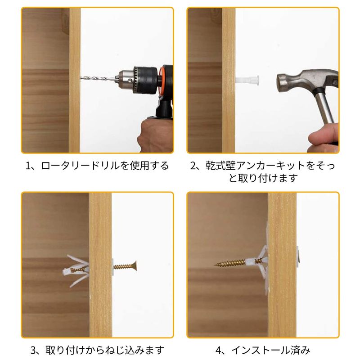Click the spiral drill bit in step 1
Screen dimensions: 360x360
[98, 78]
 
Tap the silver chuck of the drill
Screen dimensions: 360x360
[125, 78]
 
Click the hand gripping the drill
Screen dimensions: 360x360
[155, 135]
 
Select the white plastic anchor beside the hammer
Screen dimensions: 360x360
[247, 80]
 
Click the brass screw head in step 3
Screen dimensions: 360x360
[135, 266]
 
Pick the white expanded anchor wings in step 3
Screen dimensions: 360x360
[76, 271]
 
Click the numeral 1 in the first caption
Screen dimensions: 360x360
[28, 166]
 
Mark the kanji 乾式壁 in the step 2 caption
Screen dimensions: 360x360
[220, 166]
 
